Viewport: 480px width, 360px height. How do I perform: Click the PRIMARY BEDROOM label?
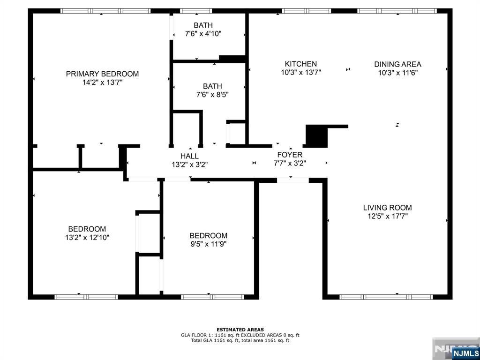(102, 74)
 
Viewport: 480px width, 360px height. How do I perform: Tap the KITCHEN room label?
(300, 64)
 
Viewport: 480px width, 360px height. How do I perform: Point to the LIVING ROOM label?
(387, 208)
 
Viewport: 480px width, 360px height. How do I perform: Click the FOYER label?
(290, 155)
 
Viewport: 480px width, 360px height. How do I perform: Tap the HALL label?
(189, 156)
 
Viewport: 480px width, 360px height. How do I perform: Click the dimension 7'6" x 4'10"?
(203, 34)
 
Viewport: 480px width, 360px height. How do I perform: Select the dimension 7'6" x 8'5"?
(212, 95)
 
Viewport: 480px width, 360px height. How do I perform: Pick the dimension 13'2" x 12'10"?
(87, 237)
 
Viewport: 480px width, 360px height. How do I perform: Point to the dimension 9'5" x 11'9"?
(209, 244)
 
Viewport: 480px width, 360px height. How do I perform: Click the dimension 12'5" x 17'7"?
(388, 216)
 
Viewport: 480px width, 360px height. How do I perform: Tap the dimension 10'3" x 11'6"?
(398, 73)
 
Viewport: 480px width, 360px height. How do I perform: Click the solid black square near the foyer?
(317, 136)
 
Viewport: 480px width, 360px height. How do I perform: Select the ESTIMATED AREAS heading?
(240, 330)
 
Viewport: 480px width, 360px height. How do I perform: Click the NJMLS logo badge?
(465, 353)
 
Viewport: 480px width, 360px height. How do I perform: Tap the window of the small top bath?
(196, 11)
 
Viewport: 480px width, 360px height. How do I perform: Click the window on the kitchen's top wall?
(307, 11)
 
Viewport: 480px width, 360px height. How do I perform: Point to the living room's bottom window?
(386, 297)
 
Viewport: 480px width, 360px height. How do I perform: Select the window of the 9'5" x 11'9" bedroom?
(212, 297)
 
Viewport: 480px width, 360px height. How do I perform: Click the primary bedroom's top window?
(105, 11)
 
